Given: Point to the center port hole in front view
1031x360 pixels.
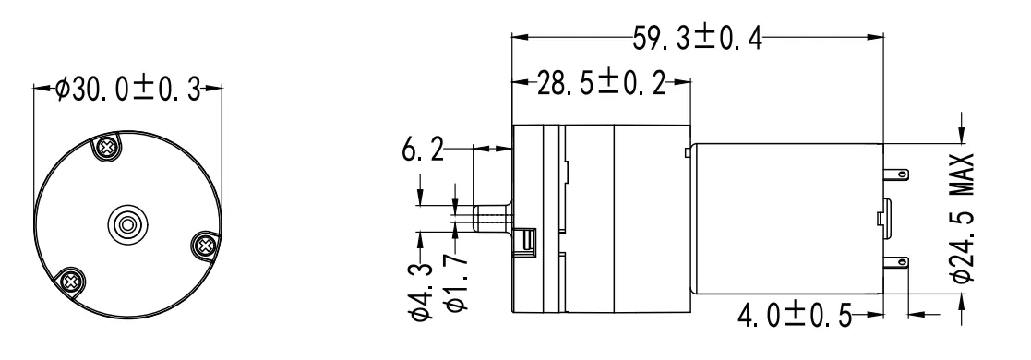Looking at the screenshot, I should tap(126, 222).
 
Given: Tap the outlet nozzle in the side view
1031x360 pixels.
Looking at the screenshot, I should tap(491, 221).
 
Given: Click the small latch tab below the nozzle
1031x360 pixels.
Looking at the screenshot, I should tap(528, 242).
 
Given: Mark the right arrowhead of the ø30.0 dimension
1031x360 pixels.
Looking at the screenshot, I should tap(219, 90).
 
